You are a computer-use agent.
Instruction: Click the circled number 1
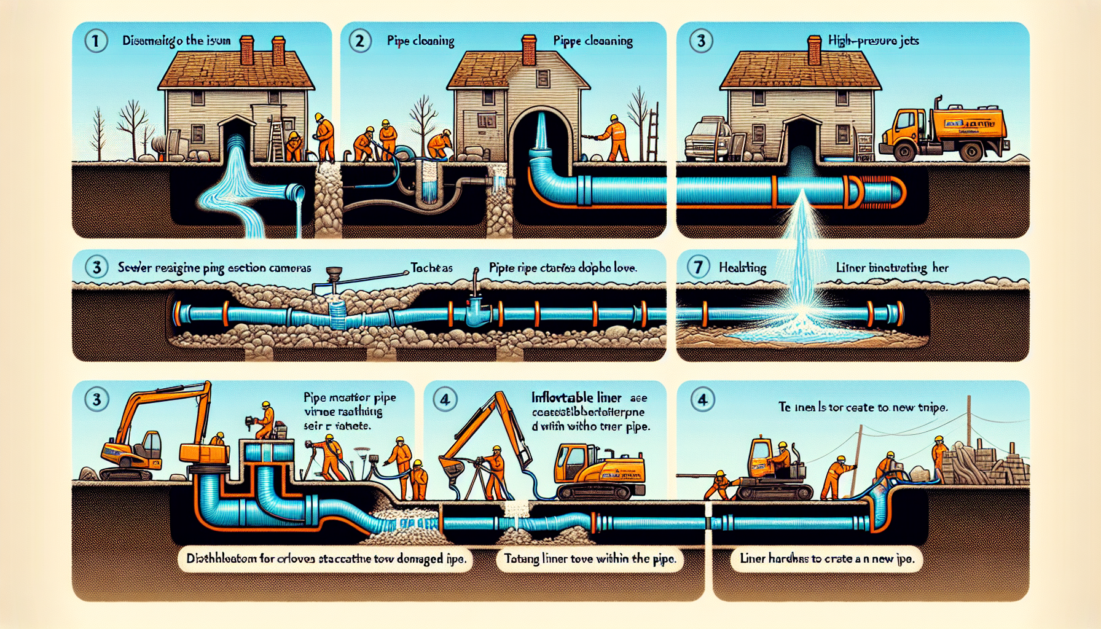(x=95, y=41)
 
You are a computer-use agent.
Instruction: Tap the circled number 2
(x=360, y=41)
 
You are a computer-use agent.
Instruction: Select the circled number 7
(x=698, y=267)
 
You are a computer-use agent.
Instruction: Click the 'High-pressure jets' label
(x=873, y=41)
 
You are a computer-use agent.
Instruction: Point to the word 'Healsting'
(x=742, y=268)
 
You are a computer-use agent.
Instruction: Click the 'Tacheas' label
(x=431, y=268)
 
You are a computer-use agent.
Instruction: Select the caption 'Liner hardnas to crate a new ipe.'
(x=827, y=558)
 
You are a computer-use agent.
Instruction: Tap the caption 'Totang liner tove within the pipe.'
(x=590, y=558)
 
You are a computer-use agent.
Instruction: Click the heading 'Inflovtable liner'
(x=576, y=397)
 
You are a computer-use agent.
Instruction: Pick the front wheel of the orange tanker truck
(x=905, y=152)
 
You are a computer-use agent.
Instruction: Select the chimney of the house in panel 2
(x=528, y=49)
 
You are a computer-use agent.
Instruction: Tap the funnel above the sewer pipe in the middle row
(x=334, y=272)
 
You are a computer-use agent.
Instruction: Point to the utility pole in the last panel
(x=969, y=430)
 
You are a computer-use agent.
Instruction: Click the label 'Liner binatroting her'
(x=891, y=268)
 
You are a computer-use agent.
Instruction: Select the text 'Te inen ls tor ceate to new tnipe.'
(x=863, y=407)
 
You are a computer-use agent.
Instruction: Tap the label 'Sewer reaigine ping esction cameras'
(x=214, y=268)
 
